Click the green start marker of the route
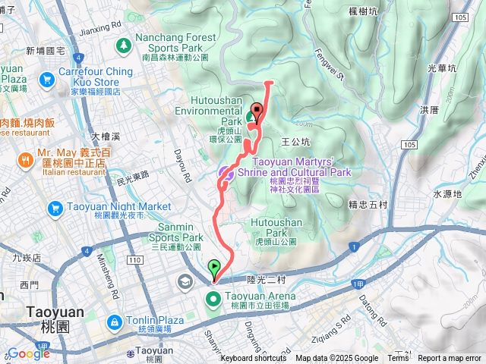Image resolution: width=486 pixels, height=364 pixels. (x=214, y=268)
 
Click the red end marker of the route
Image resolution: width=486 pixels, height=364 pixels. (x=256, y=109)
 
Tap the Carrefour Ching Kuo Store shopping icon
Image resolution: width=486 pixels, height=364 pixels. (x=48, y=78)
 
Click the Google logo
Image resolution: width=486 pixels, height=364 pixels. (x=28, y=353)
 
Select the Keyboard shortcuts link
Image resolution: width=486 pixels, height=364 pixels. (x=254, y=359)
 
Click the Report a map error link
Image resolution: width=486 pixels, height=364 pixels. (x=450, y=359)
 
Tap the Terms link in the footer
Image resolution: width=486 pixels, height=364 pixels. (x=398, y=359)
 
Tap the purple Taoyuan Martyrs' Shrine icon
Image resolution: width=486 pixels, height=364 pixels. (x=226, y=174)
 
